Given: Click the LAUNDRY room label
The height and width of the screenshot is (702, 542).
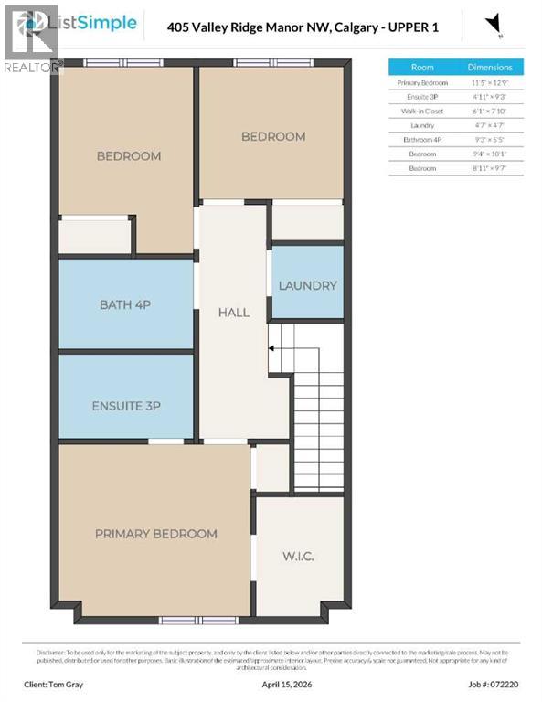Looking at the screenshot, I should [307, 285].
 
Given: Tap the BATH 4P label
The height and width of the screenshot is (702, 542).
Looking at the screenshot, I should [125, 304].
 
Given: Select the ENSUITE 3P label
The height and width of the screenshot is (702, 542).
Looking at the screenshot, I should [126, 406].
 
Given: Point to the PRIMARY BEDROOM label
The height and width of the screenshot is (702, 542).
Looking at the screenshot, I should [155, 534].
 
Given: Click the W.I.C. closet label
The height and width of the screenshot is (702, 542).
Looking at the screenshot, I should [299, 555].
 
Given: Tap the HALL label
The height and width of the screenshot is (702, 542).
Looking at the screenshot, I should [233, 313].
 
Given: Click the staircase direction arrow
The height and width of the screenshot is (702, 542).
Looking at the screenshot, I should [271, 347].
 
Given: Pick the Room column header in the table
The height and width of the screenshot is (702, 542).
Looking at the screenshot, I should [422, 68].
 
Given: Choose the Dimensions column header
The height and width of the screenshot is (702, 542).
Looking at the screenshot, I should [490, 68].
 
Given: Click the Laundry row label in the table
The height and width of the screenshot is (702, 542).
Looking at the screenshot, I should [422, 125].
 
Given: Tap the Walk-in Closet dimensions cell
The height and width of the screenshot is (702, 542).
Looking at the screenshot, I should [490, 111].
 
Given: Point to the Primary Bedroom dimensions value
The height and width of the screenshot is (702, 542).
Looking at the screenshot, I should [490, 82].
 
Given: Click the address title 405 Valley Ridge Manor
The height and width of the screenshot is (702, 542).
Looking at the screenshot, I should [303, 27].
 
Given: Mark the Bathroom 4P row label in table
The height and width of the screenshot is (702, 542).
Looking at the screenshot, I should [422, 140].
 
